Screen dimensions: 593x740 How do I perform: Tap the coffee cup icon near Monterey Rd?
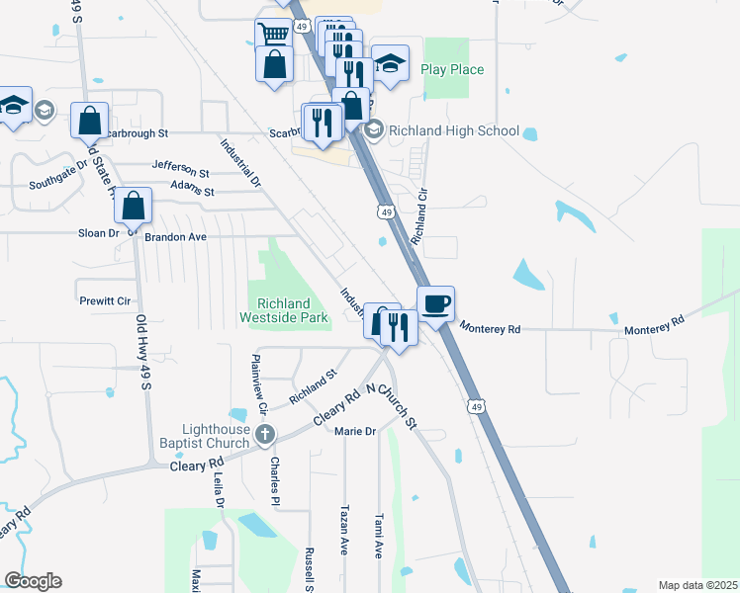tap(435, 303)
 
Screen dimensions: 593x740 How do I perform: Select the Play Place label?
tap(452, 69)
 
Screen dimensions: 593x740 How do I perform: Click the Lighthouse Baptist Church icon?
tap(264, 434)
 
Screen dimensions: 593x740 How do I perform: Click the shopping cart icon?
tap(273, 35)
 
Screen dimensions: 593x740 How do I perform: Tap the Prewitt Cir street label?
tap(104, 300)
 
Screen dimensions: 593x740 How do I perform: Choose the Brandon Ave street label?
tap(175, 237)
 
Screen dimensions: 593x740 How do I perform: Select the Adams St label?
tap(192, 189)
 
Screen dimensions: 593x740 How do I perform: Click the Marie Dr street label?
tap(355, 431)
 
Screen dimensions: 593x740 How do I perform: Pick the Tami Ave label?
tap(379, 536)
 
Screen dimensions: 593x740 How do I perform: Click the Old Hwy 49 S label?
tap(142, 352)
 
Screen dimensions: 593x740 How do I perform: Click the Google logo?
tap(32, 581)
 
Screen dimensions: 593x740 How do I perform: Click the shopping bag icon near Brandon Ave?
tap(134, 207)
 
